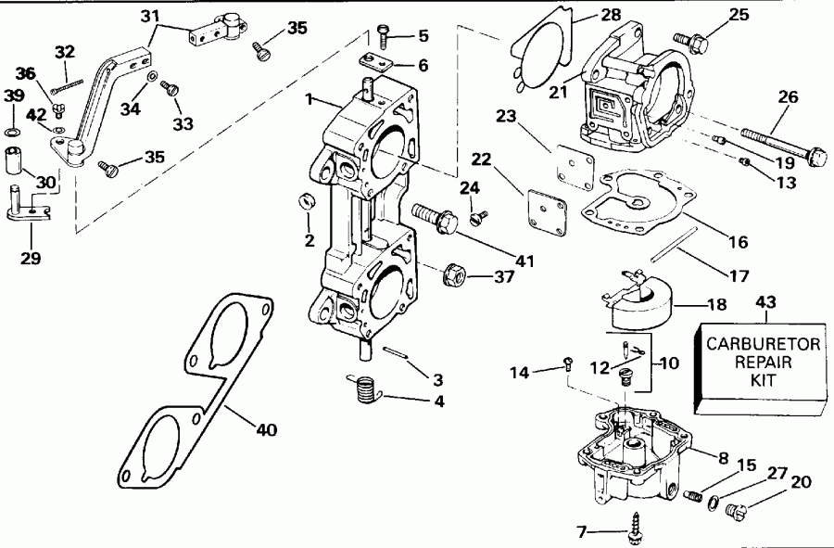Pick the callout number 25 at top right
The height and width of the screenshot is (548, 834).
(739, 14)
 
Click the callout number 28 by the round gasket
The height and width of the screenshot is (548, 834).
(585, 16)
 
